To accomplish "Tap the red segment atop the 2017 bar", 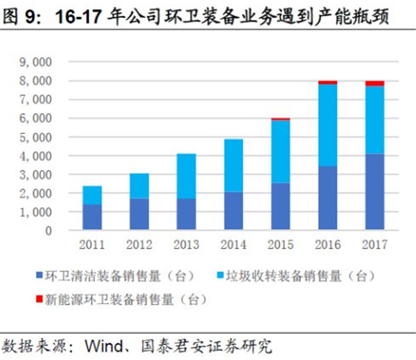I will click(x=374, y=84).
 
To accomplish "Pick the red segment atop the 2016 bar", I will click(x=327, y=82).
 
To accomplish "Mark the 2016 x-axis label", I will click(x=327, y=245).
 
